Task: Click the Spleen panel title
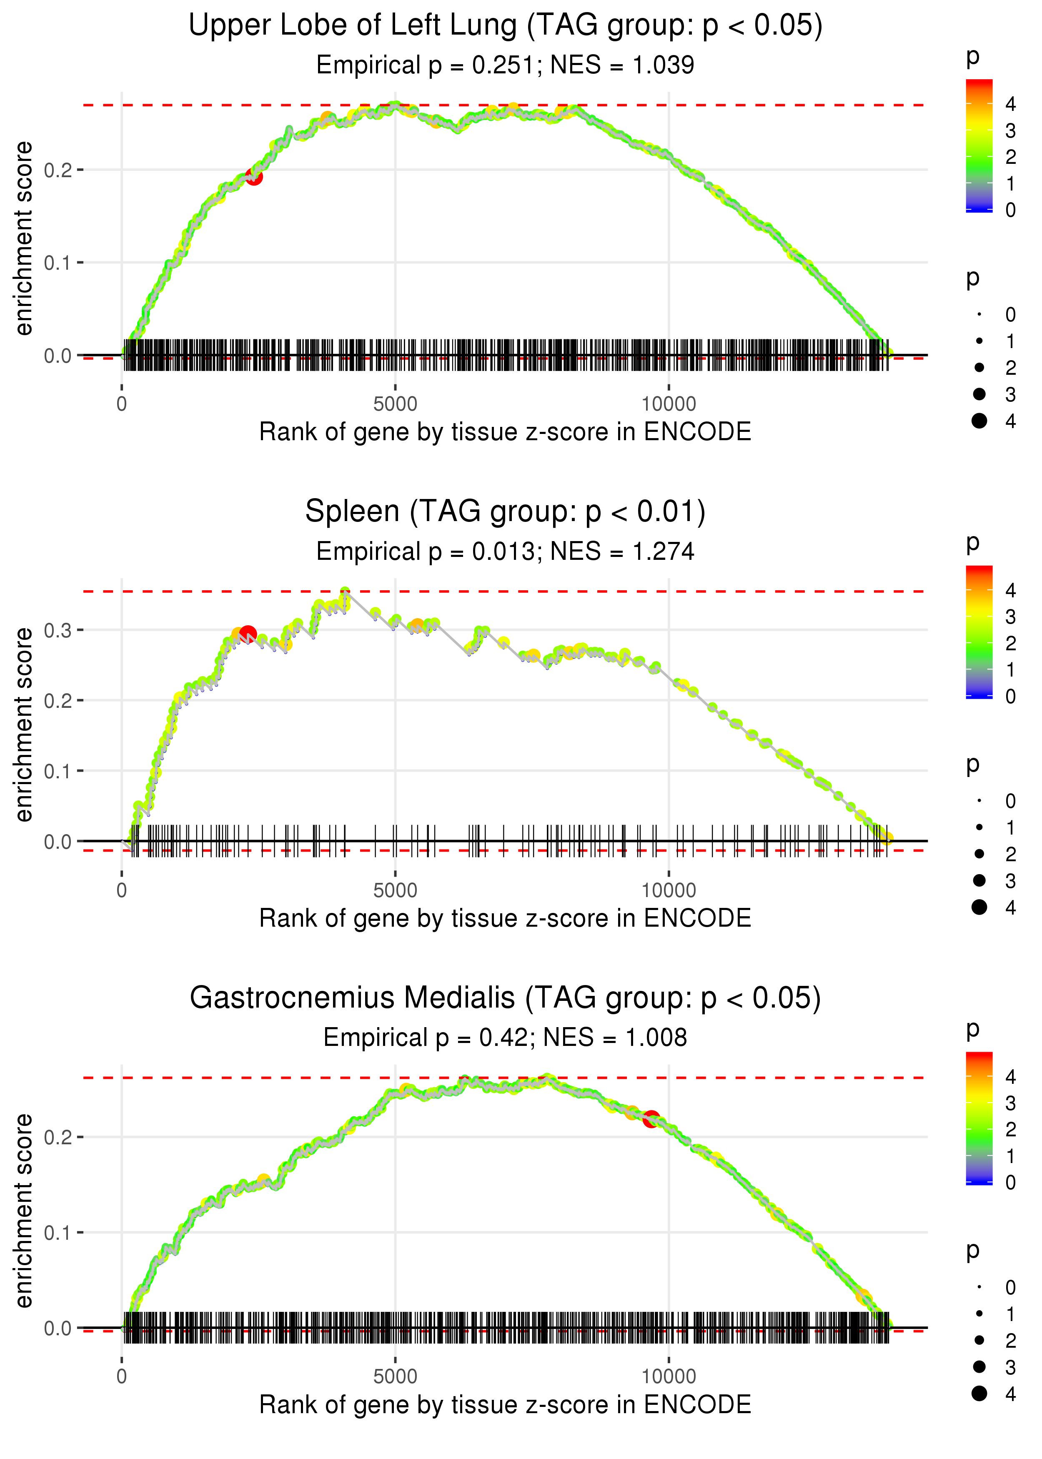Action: [x=505, y=511]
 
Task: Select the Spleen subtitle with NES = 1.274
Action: [x=505, y=551]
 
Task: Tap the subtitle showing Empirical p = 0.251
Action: [x=505, y=65]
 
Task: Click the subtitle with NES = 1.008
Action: [x=505, y=1038]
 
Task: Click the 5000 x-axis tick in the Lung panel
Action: [x=395, y=404]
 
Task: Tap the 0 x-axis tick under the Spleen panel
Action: [x=122, y=890]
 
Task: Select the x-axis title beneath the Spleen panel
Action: [x=505, y=918]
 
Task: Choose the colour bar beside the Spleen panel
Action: [x=979, y=632]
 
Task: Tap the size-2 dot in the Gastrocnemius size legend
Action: [x=979, y=1340]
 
